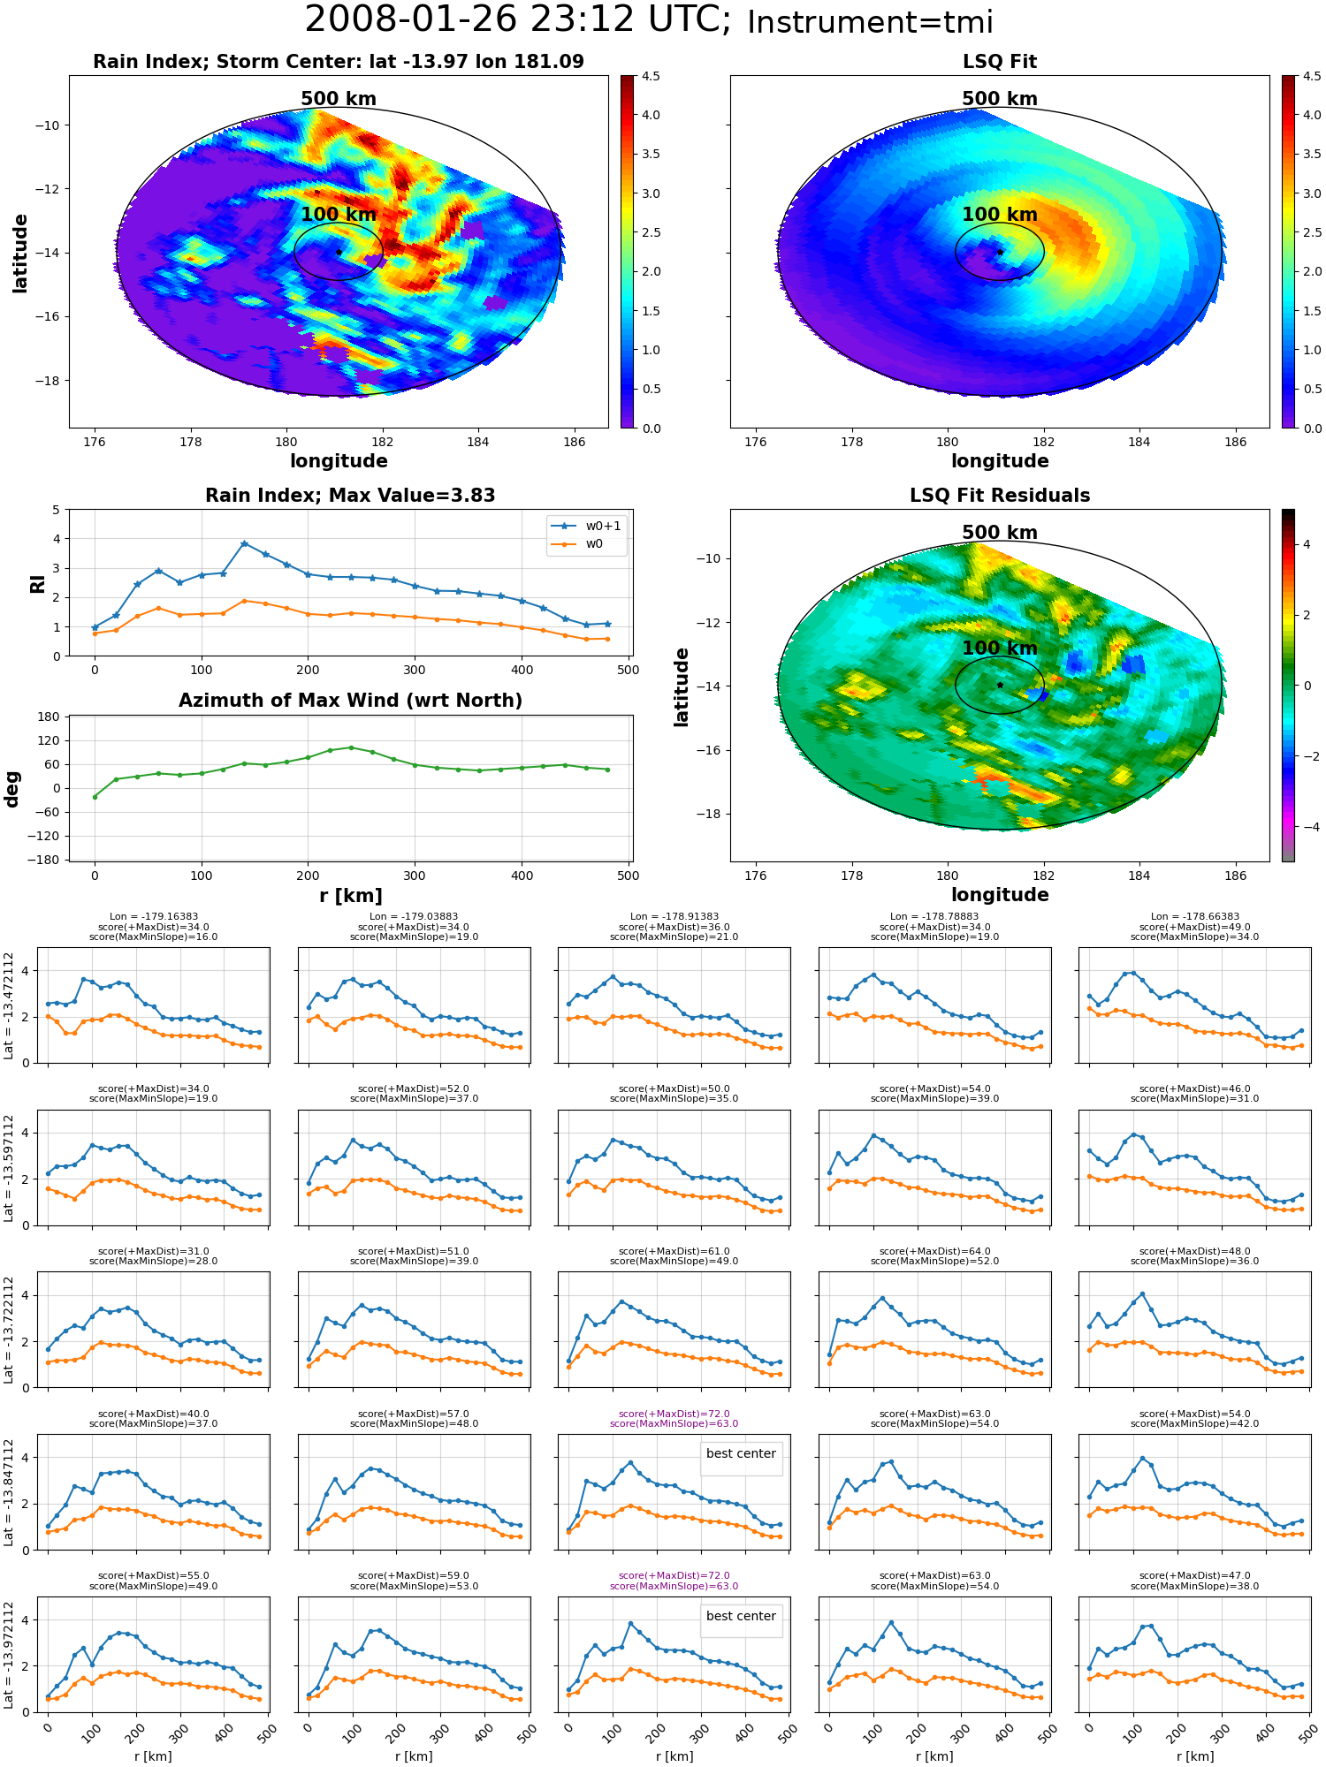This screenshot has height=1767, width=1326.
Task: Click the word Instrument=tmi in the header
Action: pyautogui.click(x=870, y=22)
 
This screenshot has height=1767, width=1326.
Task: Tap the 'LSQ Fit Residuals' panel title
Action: pyautogui.click(x=1000, y=496)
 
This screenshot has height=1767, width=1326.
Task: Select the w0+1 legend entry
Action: pyautogui.click(x=587, y=526)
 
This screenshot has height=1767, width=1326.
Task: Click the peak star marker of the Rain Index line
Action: pyautogui.click(x=244, y=543)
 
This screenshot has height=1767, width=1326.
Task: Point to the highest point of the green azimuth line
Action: pyautogui.click(x=351, y=747)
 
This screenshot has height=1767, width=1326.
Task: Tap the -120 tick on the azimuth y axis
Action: pyautogui.click(x=45, y=836)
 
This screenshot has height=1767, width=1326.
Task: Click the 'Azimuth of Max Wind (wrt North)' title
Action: pyautogui.click(x=351, y=701)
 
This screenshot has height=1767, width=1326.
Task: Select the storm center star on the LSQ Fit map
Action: pyautogui.click(x=1000, y=252)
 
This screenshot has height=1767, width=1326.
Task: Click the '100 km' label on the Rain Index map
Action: pyautogui.click(x=339, y=215)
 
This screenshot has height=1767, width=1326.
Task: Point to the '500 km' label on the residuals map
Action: pyautogui.click(x=1000, y=533)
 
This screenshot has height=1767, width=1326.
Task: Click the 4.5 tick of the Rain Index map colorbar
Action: pyautogui.click(x=651, y=76)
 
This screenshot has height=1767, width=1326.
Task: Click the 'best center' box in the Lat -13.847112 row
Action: pyautogui.click(x=741, y=1453)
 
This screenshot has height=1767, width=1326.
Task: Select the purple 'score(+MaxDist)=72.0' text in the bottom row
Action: pyautogui.click(x=674, y=1575)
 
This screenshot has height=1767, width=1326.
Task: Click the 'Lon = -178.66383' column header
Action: pyautogui.click(x=1195, y=917)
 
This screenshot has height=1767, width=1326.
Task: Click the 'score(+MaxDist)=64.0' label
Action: pyautogui.click(x=934, y=1251)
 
